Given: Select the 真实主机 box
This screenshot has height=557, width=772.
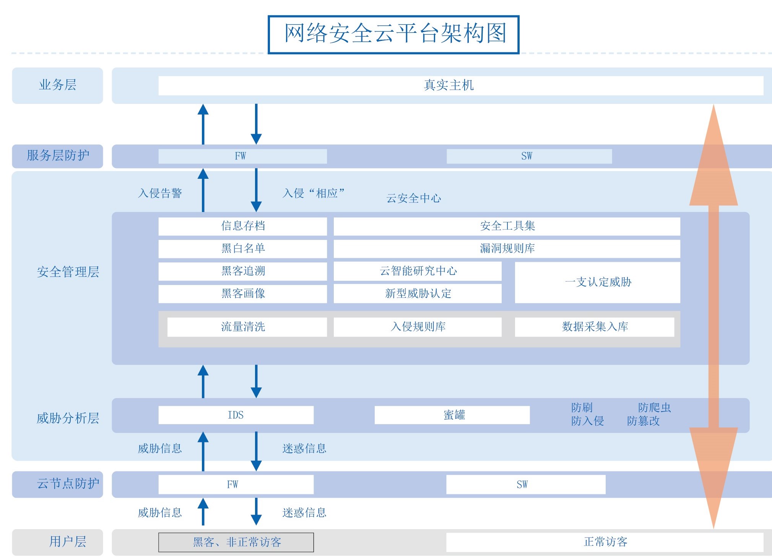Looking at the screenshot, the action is click(x=461, y=85).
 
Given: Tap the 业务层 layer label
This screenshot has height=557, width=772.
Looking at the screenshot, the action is click(x=57, y=85).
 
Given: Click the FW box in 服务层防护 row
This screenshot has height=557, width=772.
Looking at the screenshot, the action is click(x=242, y=156).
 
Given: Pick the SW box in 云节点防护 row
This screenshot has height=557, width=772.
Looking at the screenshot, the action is click(x=526, y=484).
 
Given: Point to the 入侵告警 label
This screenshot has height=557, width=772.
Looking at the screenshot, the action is click(x=160, y=193).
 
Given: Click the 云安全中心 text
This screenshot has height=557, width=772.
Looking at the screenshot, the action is click(x=414, y=198).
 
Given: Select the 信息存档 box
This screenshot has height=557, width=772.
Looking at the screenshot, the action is click(x=242, y=226).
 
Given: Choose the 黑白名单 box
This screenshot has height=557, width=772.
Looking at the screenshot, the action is click(x=242, y=249).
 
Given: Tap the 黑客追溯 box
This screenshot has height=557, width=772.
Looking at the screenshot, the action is click(x=242, y=271).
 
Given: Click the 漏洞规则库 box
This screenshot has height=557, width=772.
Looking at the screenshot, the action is click(x=507, y=249).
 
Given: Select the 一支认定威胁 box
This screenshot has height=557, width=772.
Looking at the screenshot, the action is click(x=597, y=282).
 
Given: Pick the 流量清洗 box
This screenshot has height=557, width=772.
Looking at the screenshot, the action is click(x=247, y=327).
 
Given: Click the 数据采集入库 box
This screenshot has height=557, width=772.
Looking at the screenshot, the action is click(x=595, y=327).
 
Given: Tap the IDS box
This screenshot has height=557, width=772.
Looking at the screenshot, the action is click(x=236, y=415).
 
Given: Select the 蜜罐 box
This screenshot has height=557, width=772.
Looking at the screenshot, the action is click(x=452, y=415).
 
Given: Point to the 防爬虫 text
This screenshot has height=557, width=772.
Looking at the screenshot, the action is click(x=654, y=408).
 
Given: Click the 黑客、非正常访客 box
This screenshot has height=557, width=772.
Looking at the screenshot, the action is click(x=236, y=542).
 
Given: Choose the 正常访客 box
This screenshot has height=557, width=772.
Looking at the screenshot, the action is click(x=605, y=542).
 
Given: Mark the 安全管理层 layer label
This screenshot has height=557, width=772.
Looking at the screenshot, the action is click(x=68, y=272).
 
